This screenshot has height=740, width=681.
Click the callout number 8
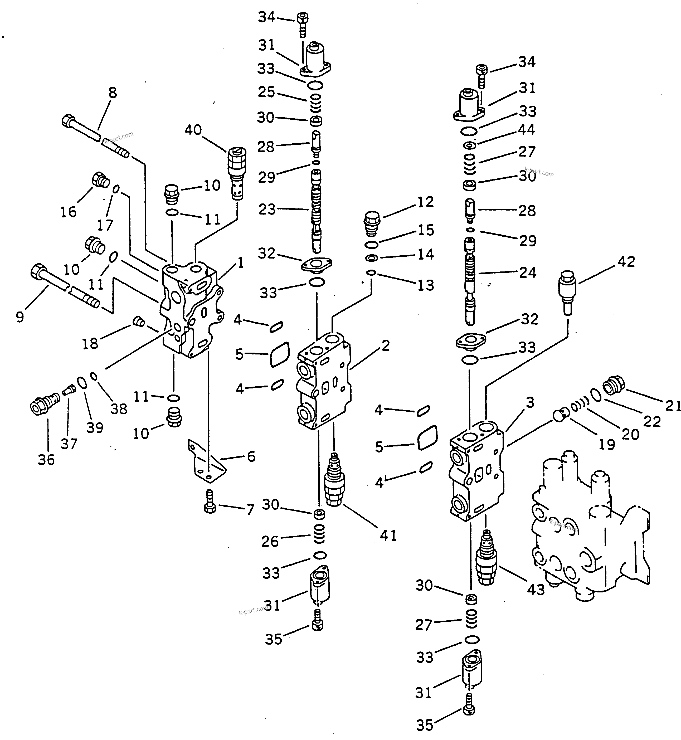[113, 93]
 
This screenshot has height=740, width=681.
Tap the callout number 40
[193, 130]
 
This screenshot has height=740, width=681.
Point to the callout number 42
[626, 262]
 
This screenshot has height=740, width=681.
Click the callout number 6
[251, 456]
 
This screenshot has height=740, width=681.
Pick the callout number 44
[527, 130]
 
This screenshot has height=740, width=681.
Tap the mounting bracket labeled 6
[207, 463]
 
